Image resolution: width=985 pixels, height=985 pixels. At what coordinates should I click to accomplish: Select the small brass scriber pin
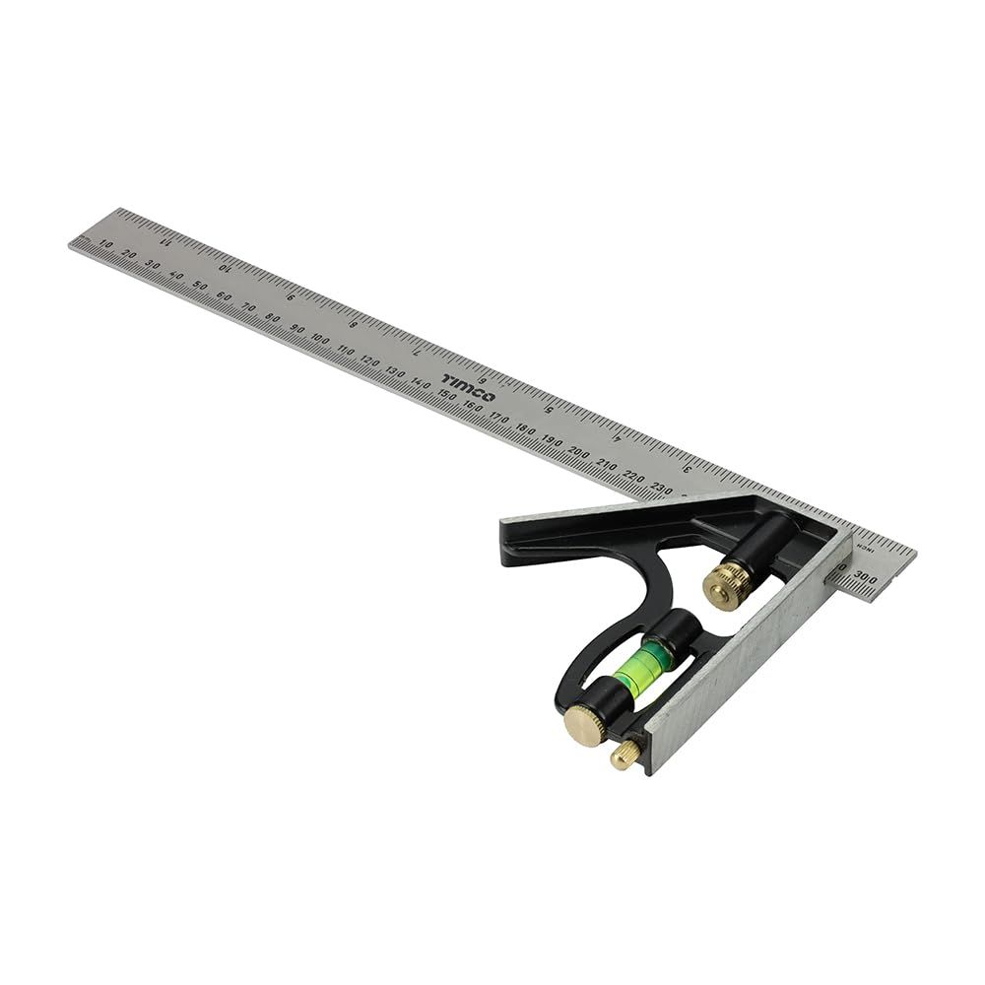[x=624, y=755]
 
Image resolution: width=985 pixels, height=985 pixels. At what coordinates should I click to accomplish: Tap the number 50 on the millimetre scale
[x=200, y=286]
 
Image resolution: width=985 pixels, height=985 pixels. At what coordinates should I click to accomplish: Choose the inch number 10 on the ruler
[x=228, y=267]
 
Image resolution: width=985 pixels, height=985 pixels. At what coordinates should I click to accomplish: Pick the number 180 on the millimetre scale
[x=527, y=429]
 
